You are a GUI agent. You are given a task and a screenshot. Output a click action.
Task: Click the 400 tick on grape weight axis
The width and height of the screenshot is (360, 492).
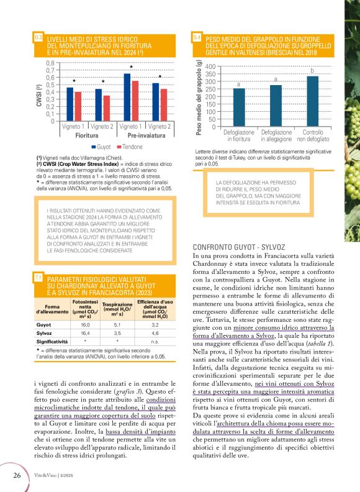(x=210, y=66)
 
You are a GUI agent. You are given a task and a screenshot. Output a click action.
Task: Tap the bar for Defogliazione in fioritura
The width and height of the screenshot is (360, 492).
(x=239, y=107)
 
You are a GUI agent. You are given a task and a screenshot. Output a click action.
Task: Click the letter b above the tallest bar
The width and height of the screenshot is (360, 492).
(x=312, y=70)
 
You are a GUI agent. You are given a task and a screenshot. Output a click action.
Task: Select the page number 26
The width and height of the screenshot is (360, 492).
(x=18, y=475)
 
